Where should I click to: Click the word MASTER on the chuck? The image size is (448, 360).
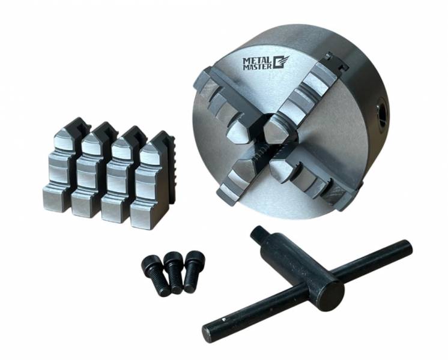[x=257, y=67]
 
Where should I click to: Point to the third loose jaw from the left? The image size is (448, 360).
[x=123, y=174]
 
